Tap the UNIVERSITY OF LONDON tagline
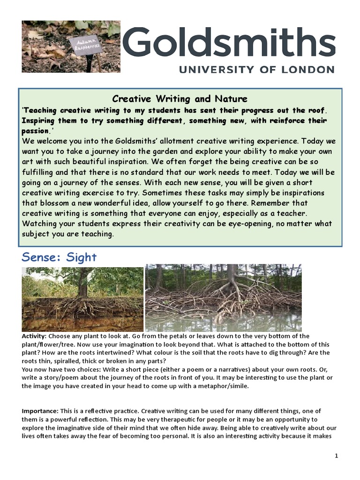click(x=256, y=69)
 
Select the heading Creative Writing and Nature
click(x=180, y=98)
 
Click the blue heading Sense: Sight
click(x=59, y=257)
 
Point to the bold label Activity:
click(x=34, y=336)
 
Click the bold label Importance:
click(x=40, y=411)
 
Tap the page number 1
click(x=336, y=456)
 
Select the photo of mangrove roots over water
click(x=223, y=298)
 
